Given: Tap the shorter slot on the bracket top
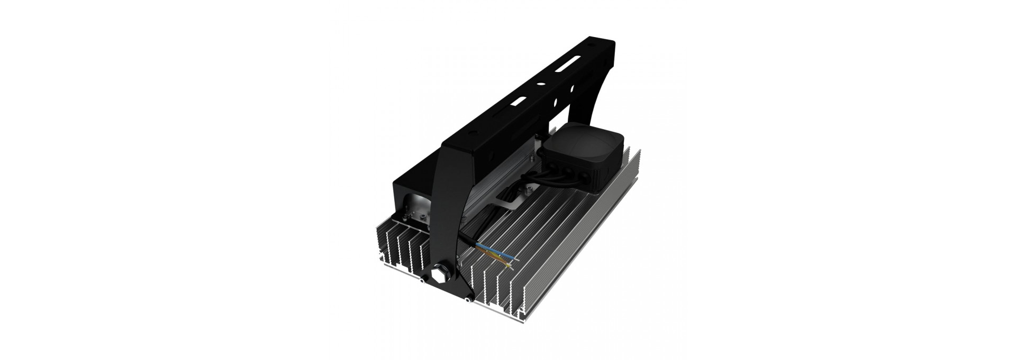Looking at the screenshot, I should point(519,101).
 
